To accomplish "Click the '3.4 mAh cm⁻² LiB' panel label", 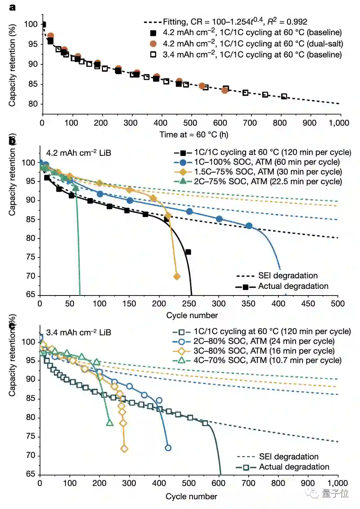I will tap(78, 333).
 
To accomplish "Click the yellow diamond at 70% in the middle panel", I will tap(176, 276).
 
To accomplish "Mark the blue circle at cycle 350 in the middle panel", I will tap(249, 226).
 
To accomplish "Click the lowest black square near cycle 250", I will tap(188, 252).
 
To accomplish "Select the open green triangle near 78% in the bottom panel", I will tap(110, 423).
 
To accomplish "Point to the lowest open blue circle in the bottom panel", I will tap(168, 448).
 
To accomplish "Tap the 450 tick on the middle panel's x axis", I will tap(308, 303).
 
